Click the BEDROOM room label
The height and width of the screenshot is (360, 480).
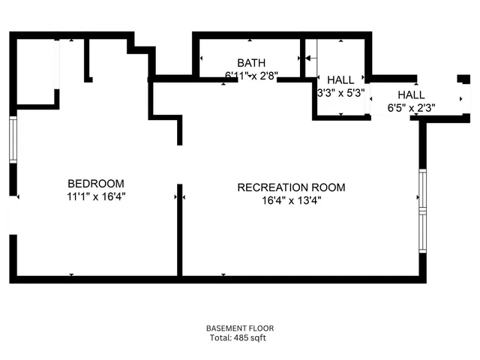pyautogui.click(x=96, y=184)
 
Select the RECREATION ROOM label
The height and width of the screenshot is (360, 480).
pyautogui.click(x=291, y=187)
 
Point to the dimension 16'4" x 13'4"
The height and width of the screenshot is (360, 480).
pyautogui.click(x=291, y=200)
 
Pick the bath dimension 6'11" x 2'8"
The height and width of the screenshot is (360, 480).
pyautogui.click(x=250, y=75)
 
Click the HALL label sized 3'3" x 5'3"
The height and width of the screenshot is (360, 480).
pyautogui.click(x=341, y=80)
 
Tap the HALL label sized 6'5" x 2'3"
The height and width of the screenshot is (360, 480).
pyautogui.click(x=411, y=95)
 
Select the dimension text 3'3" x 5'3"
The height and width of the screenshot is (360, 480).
pyautogui.click(x=341, y=93)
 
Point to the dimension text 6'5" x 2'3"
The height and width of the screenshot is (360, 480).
pyautogui.click(x=411, y=108)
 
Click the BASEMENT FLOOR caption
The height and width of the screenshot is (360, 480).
pyautogui.click(x=240, y=328)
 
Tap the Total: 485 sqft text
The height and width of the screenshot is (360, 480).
pyautogui.click(x=238, y=338)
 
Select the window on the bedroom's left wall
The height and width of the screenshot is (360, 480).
pyautogui.click(x=13, y=139)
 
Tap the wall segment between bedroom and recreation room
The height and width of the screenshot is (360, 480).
pyautogui.click(x=178, y=229)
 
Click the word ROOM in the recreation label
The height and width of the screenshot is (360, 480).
pyautogui.click(x=330, y=187)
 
